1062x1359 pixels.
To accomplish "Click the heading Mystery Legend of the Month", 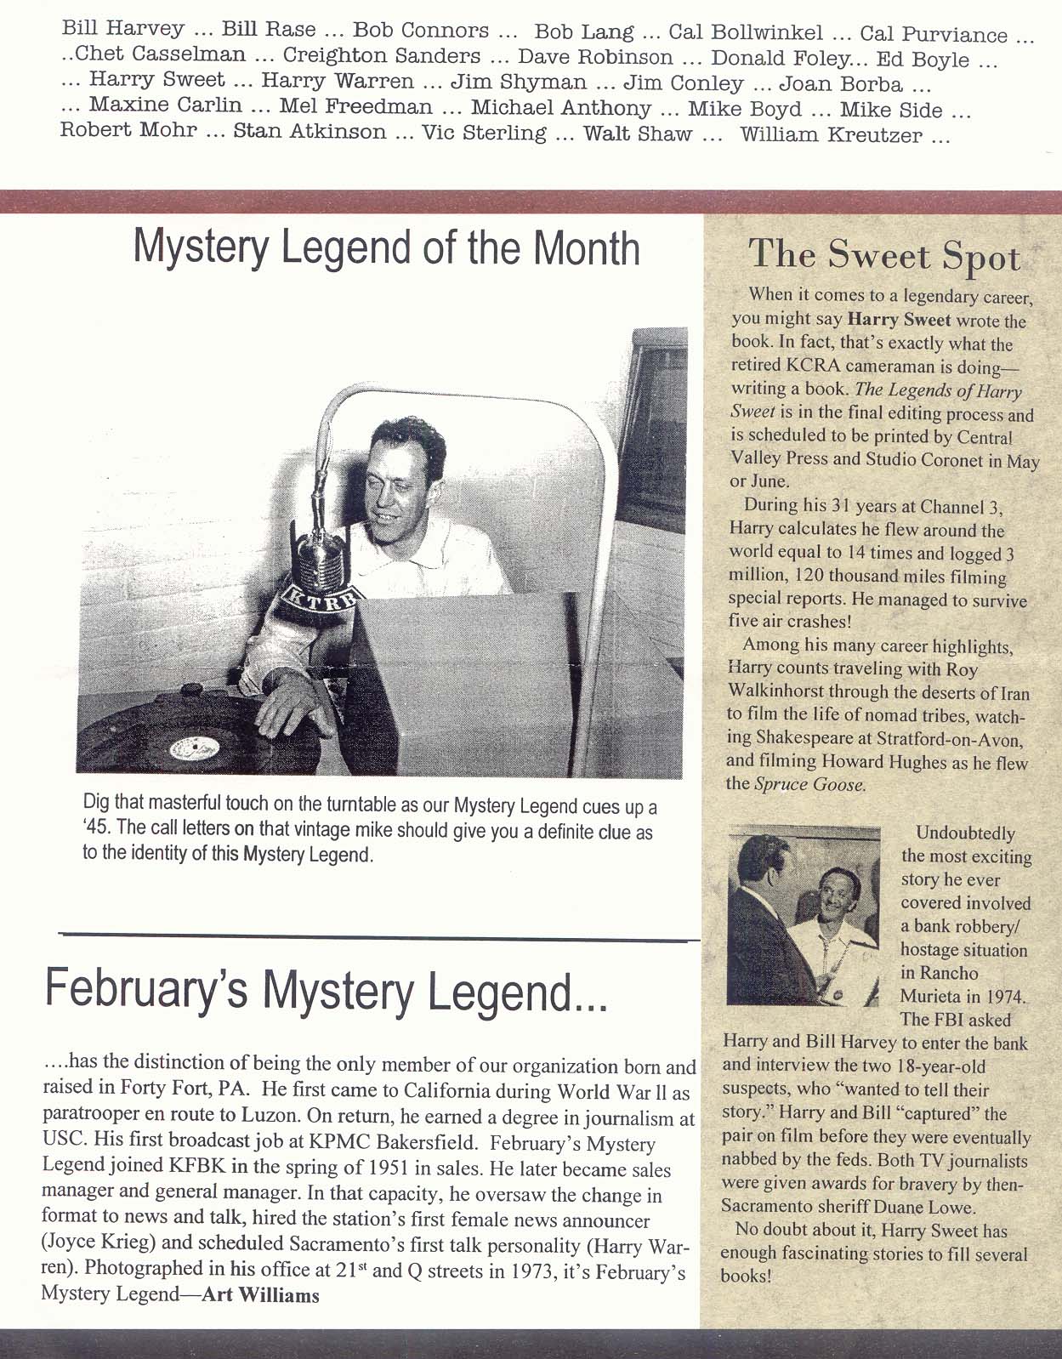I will (x=387, y=247).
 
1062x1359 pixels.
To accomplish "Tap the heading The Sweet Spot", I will (x=884, y=255).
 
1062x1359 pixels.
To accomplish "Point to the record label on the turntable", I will (x=195, y=748).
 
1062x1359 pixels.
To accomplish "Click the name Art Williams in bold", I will (x=261, y=1295).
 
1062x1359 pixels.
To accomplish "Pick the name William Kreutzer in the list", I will (x=831, y=134).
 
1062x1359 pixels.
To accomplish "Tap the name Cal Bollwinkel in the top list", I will (x=746, y=33).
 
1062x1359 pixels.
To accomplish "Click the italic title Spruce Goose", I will (x=809, y=784).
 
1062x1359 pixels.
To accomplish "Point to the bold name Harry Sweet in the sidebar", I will (x=899, y=321).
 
